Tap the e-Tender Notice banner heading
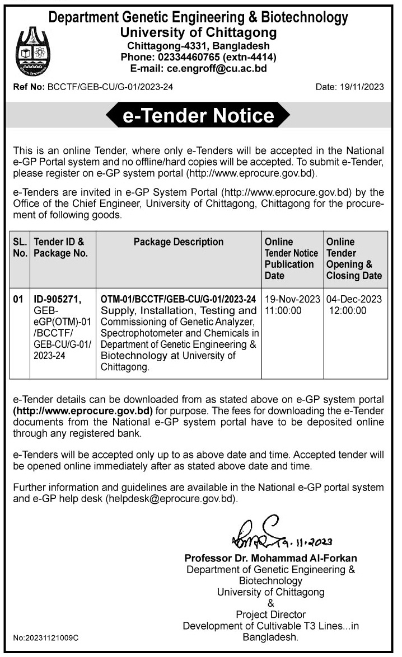click(x=198, y=116)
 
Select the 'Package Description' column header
click(x=178, y=242)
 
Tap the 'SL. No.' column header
click(x=20, y=247)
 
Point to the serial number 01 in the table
click(x=20, y=300)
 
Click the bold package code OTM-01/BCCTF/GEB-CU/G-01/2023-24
click(x=178, y=299)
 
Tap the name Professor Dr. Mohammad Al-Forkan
click(x=271, y=557)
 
